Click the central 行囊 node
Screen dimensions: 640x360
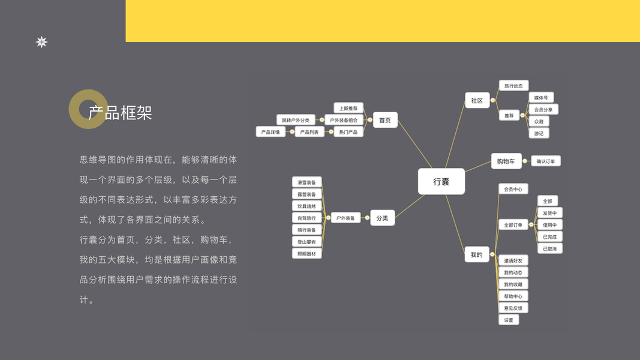pos(441,181)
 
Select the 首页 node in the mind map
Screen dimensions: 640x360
pos(384,120)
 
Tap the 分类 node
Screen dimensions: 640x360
pos(382,218)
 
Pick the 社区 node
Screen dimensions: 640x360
pos(477,101)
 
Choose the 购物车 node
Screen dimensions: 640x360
pos(506,161)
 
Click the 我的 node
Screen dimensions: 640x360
pos(476,255)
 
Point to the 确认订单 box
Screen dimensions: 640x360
pos(546,161)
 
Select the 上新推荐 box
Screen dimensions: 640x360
pos(348,109)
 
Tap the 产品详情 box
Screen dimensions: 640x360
pos(271,132)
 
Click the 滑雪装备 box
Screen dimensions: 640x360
pos(307,182)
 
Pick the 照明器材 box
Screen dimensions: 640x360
pos(307,254)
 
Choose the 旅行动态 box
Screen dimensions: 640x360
pos(513,86)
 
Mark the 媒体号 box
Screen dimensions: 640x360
pos(541,98)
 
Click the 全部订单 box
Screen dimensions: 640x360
pos(513,225)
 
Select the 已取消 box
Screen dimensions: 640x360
pos(549,248)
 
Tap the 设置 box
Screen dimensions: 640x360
pos(509,320)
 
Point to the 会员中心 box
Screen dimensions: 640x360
pos(513,189)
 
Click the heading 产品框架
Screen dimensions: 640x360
pos(120,113)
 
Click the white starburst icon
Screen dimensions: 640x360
pos(41,42)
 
